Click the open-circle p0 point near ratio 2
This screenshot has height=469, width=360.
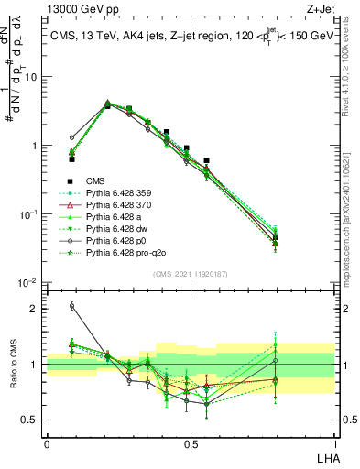[72, 306]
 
